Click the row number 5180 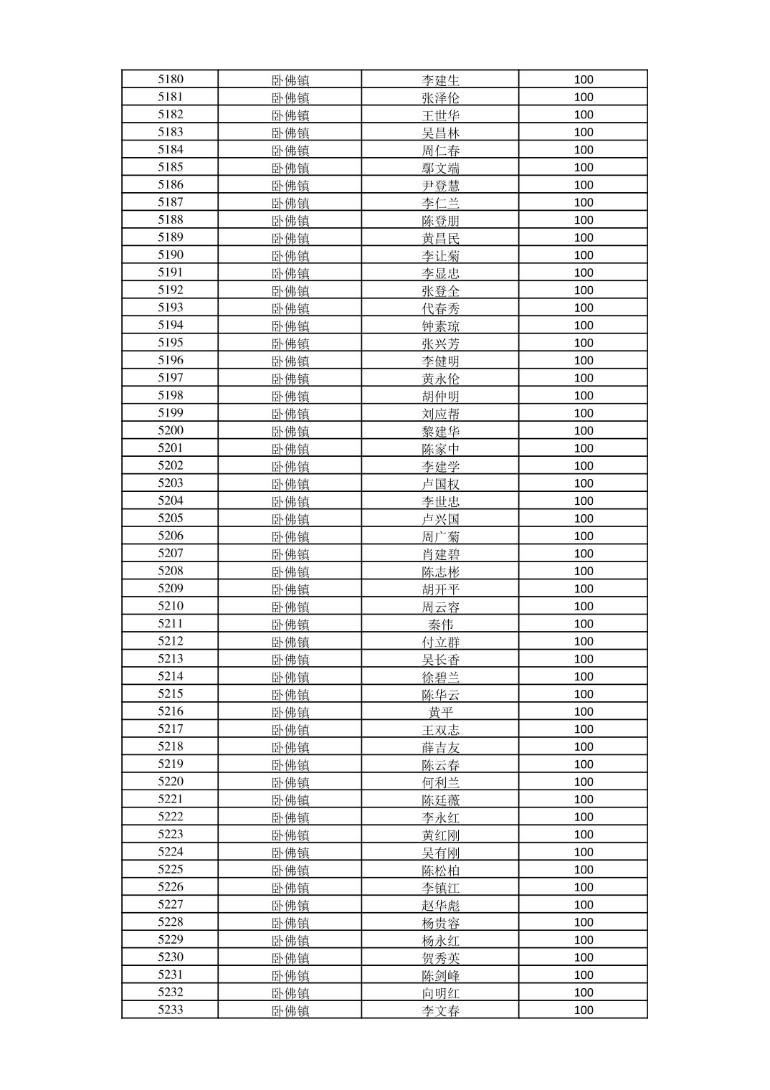(x=171, y=80)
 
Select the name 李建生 (x=440, y=80)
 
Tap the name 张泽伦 (x=440, y=98)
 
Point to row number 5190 (x=171, y=255)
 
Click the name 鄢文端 (x=440, y=168)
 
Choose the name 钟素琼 (x=440, y=326)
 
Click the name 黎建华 (x=440, y=431)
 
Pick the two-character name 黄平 (x=440, y=712)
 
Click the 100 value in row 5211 (x=584, y=624)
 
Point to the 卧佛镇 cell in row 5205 (x=290, y=519)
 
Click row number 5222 (x=171, y=817)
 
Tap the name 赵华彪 (x=440, y=905)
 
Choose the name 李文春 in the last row (x=440, y=1010)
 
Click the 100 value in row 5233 (x=584, y=1010)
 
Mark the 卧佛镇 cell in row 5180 (x=290, y=80)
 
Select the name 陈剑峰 (x=440, y=975)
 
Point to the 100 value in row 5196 (x=584, y=361)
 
